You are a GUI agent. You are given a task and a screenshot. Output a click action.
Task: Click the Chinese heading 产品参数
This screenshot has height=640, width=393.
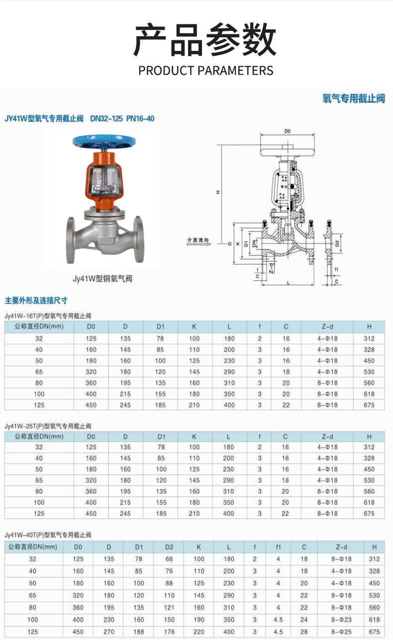coord(204,40)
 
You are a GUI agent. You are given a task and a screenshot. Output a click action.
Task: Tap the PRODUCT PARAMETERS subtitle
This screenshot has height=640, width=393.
coord(205,70)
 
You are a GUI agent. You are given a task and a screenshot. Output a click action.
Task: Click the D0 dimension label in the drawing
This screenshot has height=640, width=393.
coord(287,131)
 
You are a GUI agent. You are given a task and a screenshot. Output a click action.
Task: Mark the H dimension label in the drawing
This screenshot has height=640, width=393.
coord(218,193)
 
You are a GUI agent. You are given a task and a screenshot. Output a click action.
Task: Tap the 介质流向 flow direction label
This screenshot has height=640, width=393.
coord(198,240)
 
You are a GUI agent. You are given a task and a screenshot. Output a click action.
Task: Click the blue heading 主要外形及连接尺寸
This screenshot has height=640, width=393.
coord(36,301)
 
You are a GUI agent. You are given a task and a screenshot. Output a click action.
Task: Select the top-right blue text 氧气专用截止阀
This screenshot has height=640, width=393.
coord(354,98)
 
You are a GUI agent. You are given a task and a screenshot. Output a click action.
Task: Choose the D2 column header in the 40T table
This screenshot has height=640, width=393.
coord(169,547)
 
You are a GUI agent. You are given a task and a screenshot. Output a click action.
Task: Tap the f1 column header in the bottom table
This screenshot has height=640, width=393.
coord(278,547)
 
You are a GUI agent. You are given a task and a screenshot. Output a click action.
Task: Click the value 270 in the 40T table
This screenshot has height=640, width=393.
coord(108,631)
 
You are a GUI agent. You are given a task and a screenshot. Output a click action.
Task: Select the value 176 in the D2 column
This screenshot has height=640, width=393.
coord(169,631)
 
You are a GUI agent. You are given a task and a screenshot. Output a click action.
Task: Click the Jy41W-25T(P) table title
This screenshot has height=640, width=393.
coord(48,426)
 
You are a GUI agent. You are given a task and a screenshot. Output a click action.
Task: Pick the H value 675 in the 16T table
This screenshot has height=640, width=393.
coord(369,405)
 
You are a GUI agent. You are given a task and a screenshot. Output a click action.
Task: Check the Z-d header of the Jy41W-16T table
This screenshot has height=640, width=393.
coord(327,327)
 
